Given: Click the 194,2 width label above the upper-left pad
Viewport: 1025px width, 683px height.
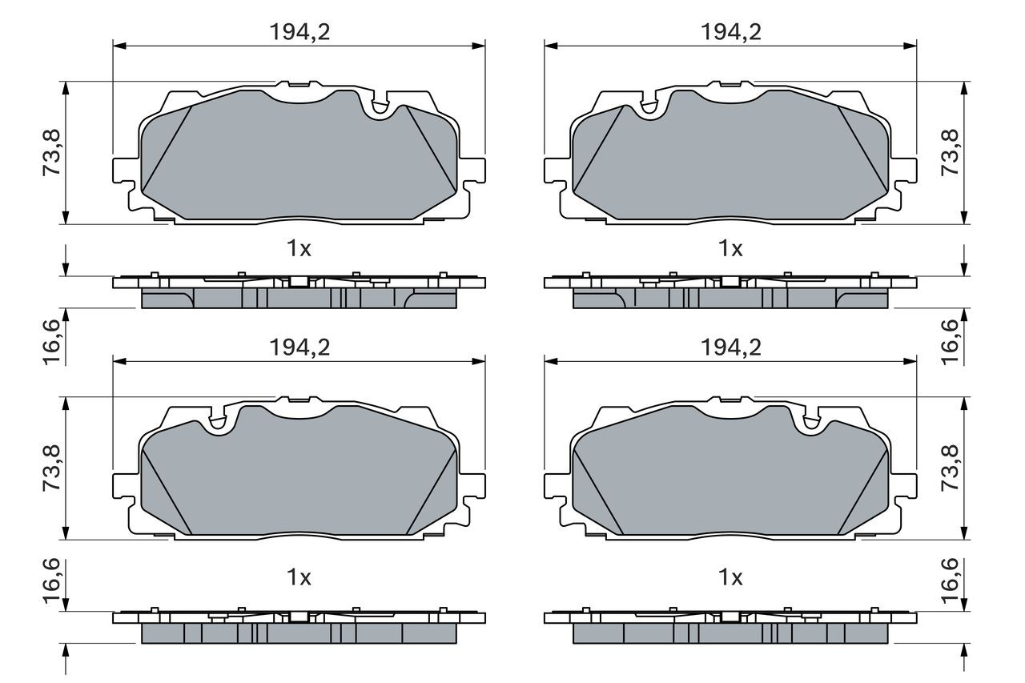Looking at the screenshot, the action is coord(299,32).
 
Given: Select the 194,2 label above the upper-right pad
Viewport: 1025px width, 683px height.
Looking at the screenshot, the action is coord(731,32).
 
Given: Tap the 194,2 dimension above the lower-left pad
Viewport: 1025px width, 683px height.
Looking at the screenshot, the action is coord(299,348).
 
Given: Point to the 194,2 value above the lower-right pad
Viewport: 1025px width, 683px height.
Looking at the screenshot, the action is coord(731,348).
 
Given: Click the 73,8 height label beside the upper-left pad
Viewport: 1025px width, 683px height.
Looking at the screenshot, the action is coord(52,153).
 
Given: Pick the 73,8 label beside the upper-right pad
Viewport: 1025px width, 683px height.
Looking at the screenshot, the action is coord(950,153).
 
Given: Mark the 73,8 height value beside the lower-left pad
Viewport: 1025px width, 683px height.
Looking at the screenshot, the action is coord(52,468).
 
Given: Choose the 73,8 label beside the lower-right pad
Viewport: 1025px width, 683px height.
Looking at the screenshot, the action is coord(950,468).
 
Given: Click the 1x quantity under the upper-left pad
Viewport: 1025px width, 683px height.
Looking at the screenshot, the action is coord(299,249).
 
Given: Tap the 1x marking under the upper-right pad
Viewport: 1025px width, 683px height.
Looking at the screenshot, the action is coord(731,249).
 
